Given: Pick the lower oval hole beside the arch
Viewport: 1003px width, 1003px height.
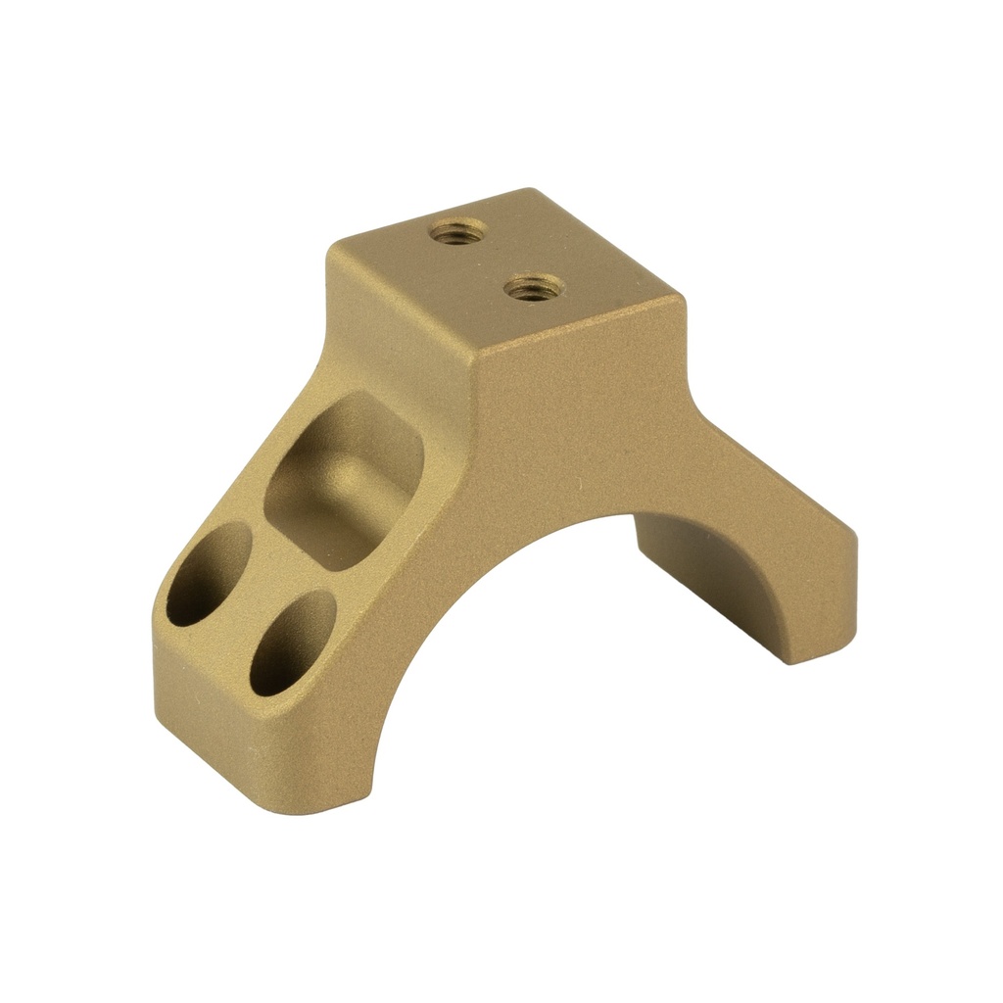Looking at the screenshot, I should tap(291, 642).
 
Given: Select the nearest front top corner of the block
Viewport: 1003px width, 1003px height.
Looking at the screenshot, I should tap(478, 353).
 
